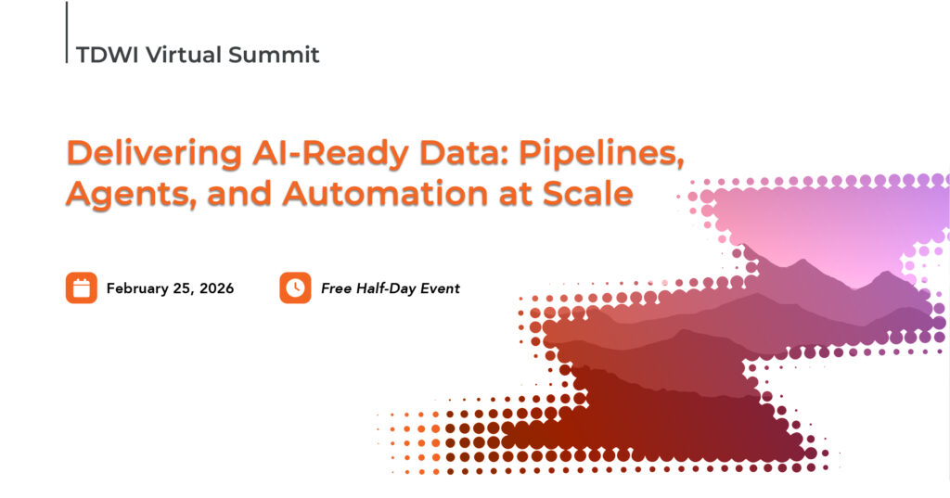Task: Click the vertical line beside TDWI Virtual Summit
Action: pos(67,32)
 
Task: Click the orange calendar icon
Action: pos(82,287)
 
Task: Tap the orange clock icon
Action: pos(295,287)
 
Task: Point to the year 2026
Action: pos(214,288)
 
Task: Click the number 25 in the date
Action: pos(181,288)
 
